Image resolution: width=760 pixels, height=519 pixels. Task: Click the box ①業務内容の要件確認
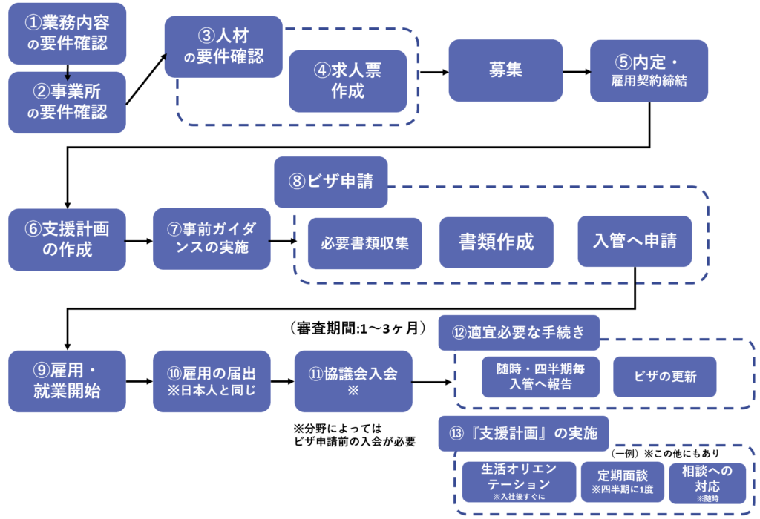pos(68,34)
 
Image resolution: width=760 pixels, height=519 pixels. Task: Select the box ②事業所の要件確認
pos(68,102)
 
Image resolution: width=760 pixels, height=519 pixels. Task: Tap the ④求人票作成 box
pos(348,80)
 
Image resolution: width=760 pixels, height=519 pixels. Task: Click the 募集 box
pos(505,70)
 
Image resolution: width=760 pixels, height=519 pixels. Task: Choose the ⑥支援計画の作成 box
pos(68,239)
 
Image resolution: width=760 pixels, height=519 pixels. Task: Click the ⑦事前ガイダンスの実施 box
pos(212,239)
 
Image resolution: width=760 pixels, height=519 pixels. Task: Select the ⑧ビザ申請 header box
pos(331,182)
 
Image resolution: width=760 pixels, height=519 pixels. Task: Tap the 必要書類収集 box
pos(365,242)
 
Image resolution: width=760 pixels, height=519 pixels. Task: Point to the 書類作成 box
pos(497,242)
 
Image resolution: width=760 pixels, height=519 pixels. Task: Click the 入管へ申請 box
pos(635,242)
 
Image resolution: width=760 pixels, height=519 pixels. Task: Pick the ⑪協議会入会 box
pos(353,381)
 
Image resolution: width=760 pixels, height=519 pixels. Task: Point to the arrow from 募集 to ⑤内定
pos(577,72)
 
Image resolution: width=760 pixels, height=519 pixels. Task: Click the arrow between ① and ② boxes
pos(68,71)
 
